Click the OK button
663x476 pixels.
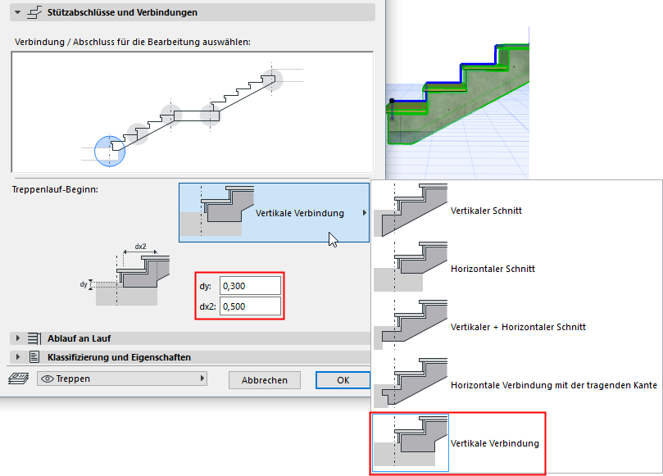pos(343,380)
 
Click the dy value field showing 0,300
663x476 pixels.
pos(250,286)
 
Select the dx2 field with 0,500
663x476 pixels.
pos(250,307)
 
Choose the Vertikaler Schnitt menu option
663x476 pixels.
pos(486,211)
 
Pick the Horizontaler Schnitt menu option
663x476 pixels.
pos(492,269)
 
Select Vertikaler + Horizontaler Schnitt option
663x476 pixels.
pos(518,327)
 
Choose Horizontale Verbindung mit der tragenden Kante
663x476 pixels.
pos(553,384)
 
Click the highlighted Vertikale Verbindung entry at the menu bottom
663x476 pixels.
pos(494,443)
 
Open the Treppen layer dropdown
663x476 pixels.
pos(122,379)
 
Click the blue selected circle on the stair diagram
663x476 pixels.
pos(110,151)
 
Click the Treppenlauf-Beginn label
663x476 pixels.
pos(55,189)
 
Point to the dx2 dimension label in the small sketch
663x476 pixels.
pos(140,246)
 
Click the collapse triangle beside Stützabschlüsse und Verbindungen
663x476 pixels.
pos(18,12)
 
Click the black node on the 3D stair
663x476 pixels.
pos(392,102)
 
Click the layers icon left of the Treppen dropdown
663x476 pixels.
pos(18,379)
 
